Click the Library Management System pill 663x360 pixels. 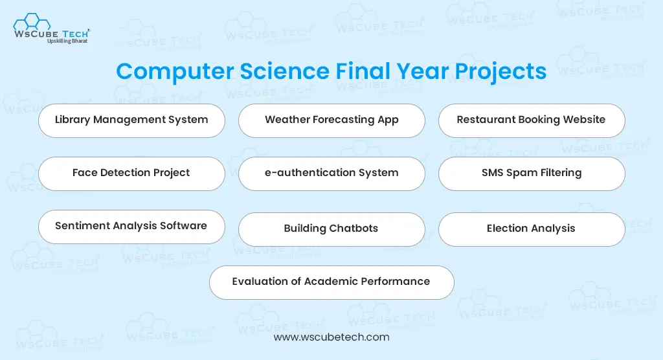point(131,120)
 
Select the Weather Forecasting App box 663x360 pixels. point(331,120)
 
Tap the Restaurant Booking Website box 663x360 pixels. point(532,120)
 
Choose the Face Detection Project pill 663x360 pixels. point(131,174)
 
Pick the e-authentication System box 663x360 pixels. point(331,174)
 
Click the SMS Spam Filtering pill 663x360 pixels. point(532,174)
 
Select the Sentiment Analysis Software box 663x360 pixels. point(131,227)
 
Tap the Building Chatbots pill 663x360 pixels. point(331,229)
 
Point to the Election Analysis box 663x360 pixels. point(532,229)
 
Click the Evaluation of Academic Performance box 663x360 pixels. point(331,282)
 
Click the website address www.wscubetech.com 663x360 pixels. point(331,337)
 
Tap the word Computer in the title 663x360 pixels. point(175,71)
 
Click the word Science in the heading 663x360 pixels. point(285,71)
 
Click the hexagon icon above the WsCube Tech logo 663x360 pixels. point(32,21)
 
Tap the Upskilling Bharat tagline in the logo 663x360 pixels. point(67,41)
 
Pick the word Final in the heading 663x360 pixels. point(363,71)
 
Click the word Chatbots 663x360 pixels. point(354,229)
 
